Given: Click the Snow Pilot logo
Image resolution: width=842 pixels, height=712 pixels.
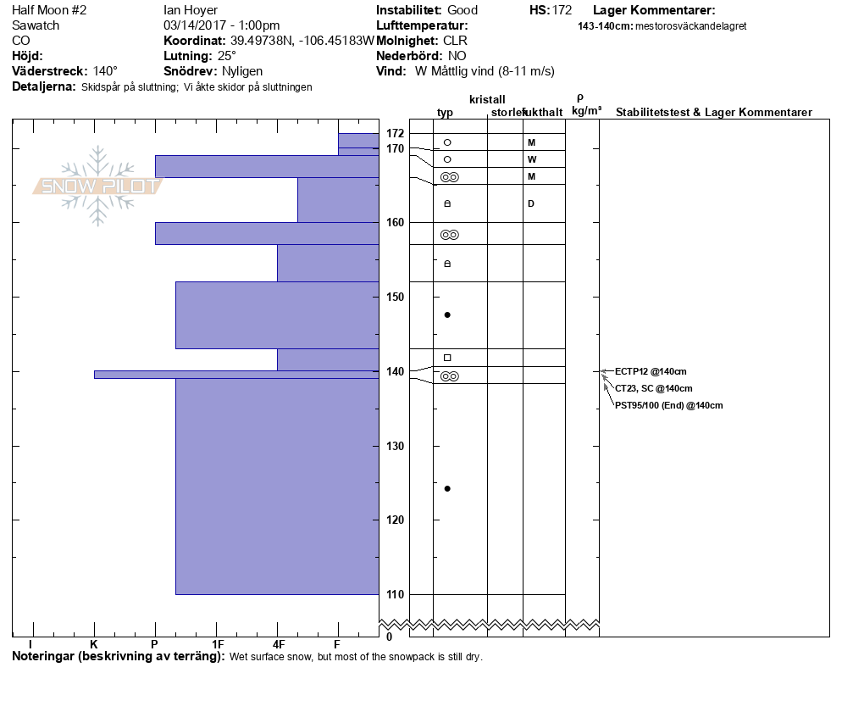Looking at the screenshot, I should (x=97, y=186).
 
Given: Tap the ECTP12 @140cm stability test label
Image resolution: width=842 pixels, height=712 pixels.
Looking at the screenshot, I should (x=651, y=371).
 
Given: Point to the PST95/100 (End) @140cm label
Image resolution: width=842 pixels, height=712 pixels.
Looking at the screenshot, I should (x=668, y=405).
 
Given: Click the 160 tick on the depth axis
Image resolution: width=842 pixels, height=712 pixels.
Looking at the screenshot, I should (x=395, y=222).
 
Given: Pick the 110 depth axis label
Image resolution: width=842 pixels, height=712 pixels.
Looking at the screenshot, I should (x=395, y=594).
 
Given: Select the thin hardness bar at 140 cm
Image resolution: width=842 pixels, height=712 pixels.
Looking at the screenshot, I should (x=236, y=374).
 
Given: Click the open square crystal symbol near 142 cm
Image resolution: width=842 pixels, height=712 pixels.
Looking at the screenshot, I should (x=447, y=358).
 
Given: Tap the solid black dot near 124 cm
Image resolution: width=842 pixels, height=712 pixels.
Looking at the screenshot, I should (x=447, y=488).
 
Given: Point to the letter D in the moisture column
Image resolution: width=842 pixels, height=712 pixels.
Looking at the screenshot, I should (x=531, y=203).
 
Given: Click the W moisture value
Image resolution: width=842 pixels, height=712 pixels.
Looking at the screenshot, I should (x=531, y=159).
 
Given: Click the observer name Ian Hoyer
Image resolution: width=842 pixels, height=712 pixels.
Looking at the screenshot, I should (x=191, y=10).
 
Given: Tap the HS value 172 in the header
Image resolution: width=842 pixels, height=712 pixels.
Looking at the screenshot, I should (x=562, y=10).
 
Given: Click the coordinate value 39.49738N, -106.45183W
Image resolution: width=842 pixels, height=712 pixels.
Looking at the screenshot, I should (x=302, y=41).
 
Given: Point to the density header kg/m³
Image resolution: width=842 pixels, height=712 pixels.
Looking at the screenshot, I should (x=586, y=111).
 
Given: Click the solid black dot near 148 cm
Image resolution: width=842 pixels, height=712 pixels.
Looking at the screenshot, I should (x=447, y=314).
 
